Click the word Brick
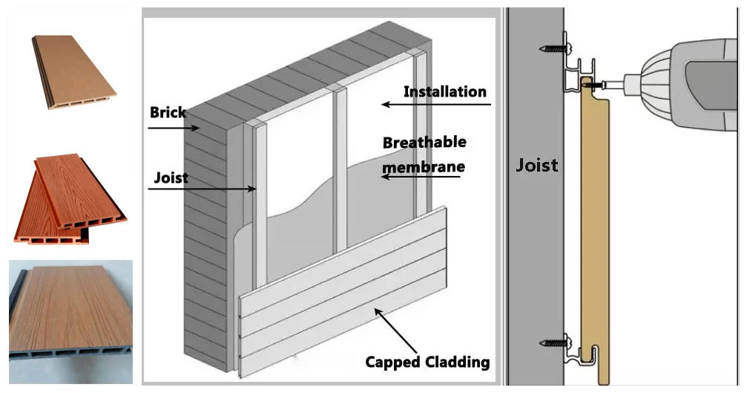(x=168, y=113)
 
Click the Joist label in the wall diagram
(x=171, y=178)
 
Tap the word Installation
(x=444, y=92)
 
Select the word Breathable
(x=424, y=142)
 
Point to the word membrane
(x=424, y=166)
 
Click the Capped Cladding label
(x=427, y=363)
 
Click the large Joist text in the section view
(x=536, y=165)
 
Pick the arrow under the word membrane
(x=423, y=178)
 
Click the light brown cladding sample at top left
(x=72, y=72)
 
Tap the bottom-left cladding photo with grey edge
(x=70, y=312)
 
